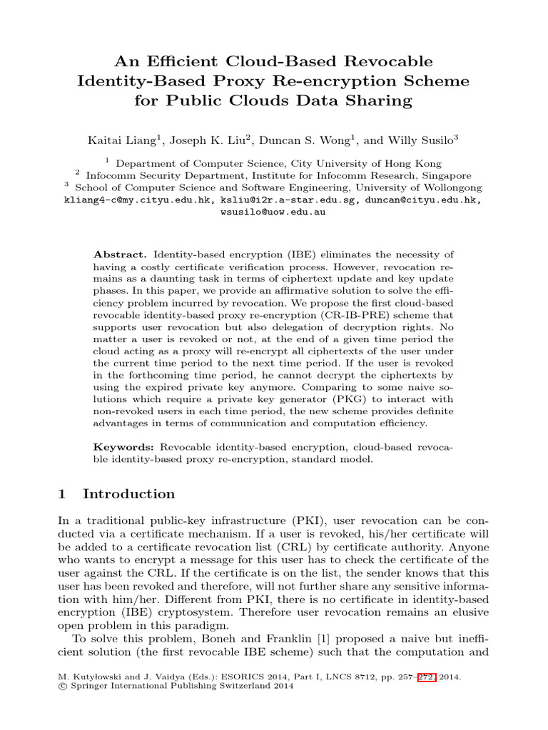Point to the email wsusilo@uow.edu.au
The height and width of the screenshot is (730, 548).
click(274, 212)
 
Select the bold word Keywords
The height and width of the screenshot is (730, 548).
click(123, 446)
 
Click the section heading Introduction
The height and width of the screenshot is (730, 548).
click(128, 494)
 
